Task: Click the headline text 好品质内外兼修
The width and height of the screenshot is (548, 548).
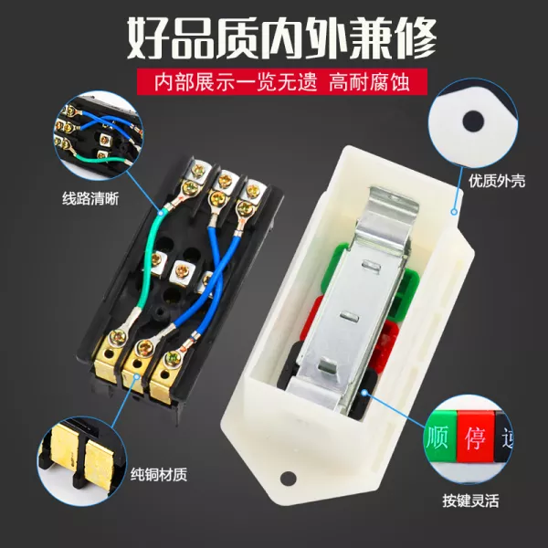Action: pos(281,38)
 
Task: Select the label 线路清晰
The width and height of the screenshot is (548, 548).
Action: pos(90,198)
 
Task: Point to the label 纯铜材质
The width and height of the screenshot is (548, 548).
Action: pos(159,474)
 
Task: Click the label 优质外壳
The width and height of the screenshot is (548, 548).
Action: pos(497,181)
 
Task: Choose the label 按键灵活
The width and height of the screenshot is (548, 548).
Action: pos(470,501)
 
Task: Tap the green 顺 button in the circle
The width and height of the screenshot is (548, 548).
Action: pos(440,437)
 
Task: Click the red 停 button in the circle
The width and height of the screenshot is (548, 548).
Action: pos(475,437)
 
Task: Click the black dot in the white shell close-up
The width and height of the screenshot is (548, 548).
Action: pos(473,121)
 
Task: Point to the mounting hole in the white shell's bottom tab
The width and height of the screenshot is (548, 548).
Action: pos(288,478)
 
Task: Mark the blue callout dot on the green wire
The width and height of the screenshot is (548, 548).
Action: pos(161,212)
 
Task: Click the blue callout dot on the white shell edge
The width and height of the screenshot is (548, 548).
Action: pos(454,212)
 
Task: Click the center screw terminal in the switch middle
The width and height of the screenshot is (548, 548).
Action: pos(181,271)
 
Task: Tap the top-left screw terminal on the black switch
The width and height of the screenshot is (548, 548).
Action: pos(197,172)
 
